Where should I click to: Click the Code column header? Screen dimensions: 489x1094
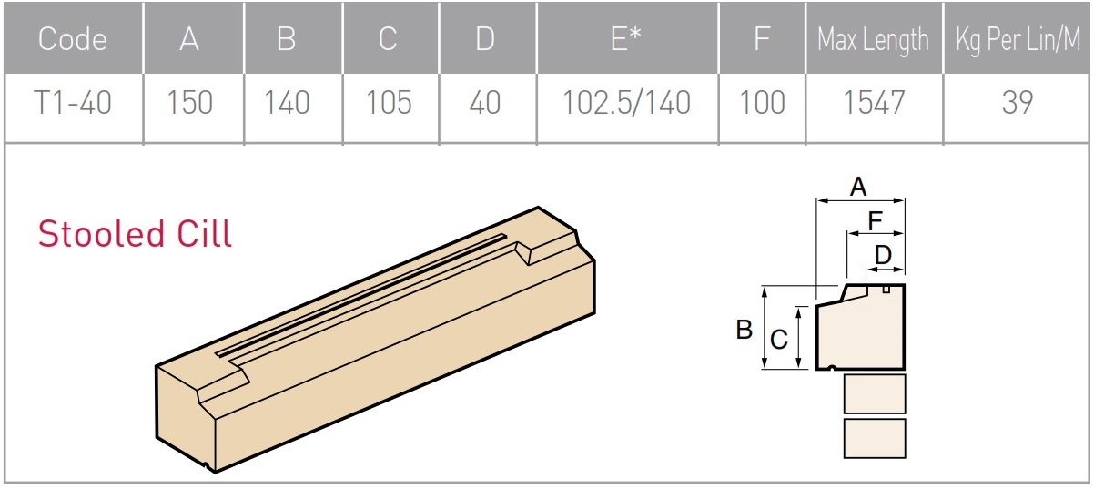73,40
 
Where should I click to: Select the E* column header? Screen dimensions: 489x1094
627,40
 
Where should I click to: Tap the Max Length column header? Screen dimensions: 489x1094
873,40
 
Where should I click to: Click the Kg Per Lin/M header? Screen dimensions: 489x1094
1018,40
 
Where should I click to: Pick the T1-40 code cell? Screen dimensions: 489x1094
73,103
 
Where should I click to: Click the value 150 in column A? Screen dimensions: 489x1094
189,103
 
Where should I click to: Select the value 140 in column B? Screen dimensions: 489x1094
287,103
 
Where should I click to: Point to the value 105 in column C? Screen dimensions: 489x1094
389,103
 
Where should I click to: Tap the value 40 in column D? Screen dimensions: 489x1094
484,103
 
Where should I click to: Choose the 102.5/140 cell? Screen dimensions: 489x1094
627,103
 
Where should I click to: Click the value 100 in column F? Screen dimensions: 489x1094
762,103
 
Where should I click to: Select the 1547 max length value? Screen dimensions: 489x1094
873,103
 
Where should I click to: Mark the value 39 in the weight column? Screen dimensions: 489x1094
1018,103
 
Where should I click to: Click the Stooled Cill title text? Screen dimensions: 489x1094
135,234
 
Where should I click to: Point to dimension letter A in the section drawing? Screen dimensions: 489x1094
857,188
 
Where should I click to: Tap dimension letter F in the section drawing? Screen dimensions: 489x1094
875,220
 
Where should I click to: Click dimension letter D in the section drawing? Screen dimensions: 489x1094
883,255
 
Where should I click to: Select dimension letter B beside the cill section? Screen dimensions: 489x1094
744,329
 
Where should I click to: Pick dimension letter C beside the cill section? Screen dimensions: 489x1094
778,340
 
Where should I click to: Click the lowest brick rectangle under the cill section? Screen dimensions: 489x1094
874,438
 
